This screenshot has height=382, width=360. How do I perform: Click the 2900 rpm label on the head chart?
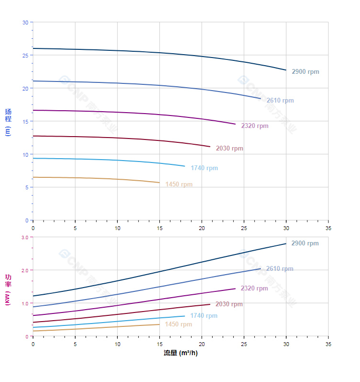pyautogui.click(x=305, y=72)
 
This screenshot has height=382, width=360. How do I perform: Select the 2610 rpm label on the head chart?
pyautogui.click(x=280, y=101)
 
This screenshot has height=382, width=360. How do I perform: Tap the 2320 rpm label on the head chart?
pyautogui.click(x=255, y=126)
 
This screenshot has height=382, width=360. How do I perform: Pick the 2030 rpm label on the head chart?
pyautogui.click(x=229, y=149)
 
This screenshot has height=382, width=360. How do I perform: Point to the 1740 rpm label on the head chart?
pyautogui.click(x=204, y=168)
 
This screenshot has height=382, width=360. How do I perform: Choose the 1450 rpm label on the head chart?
pyautogui.click(x=179, y=185)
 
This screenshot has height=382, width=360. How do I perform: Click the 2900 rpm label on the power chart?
pyautogui.click(x=305, y=243)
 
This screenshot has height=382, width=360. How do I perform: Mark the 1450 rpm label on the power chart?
pyautogui.click(x=178, y=324)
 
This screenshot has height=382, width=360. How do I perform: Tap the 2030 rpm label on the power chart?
pyautogui.click(x=229, y=304)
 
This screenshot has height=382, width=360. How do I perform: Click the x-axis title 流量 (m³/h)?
pyautogui.click(x=180, y=353)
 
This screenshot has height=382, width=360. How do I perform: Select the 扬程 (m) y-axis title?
pyautogui.click(x=8, y=122)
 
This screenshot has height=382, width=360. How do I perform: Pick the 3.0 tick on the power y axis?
pyautogui.click(x=25, y=238)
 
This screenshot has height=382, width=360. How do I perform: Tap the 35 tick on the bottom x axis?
pyautogui.click(x=328, y=344)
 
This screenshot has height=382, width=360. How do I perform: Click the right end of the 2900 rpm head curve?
pyautogui.click(x=286, y=70)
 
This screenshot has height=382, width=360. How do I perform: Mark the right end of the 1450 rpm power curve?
pyautogui.click(x=159, y=324)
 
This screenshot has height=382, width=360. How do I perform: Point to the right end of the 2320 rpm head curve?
pyautogui.click(x=236, y=124)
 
